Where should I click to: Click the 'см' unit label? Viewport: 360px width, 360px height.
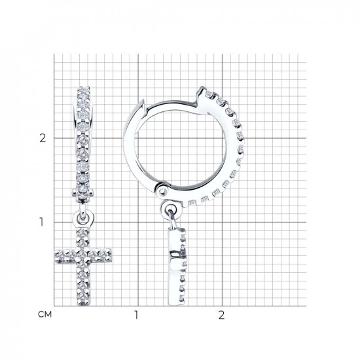tap(45, 314)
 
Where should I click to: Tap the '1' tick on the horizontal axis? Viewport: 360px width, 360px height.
tap(136, 315)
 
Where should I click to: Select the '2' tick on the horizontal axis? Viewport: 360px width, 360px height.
tap(221, 315)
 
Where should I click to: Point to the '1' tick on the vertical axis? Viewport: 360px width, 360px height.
tap(41, 222)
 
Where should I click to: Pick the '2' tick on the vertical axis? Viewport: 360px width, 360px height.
tap(43, 138)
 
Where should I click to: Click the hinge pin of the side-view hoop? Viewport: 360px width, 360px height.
tap(163, 191)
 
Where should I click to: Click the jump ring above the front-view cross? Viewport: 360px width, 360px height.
tap(82, 218)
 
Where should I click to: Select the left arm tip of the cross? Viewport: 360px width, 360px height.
tap(55, 256)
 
